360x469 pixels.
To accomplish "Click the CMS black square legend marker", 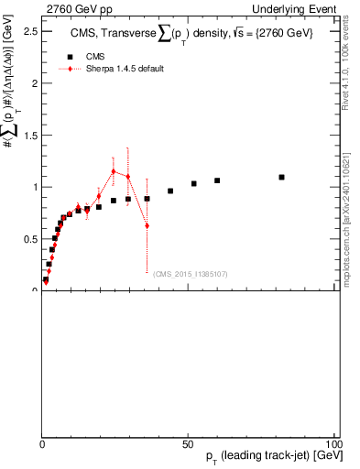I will (x=70, y=57).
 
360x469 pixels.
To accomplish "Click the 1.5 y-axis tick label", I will (x=29, y=135).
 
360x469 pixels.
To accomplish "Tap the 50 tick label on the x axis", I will (x=188, y=442).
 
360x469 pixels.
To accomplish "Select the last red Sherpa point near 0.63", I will (x=147, y=225).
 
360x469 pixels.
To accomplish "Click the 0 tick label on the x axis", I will (x=42, y=442).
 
